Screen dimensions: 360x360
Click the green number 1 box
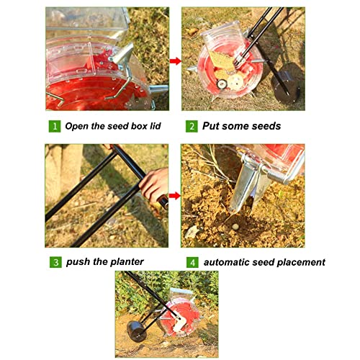[x=55, y=126]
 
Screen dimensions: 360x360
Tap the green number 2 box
[x=192, y=126]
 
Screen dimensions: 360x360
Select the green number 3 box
[x=55, y=262]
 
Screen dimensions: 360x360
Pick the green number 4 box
[x=192, y=262]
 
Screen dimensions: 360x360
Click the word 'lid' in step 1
[x=156, y=126]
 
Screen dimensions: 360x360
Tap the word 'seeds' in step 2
[x=266, y=126]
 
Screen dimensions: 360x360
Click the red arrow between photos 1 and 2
[x=176, y=61]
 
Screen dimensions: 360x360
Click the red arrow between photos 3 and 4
[x=175, y=196]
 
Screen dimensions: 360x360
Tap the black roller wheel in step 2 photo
[x=287, y=83]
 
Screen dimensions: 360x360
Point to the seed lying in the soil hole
[x=235, y=226]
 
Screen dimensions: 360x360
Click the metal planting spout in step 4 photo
[x=250, y=187]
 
